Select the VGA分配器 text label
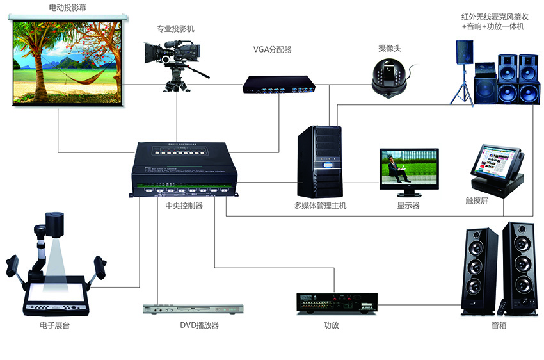[x=273, y=49]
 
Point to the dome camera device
[x=388, y=78]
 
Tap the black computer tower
[x=320, y=161]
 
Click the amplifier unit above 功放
[x=336, y=303]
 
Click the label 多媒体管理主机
[x=320, y=206]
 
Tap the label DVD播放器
[x=199, y=325]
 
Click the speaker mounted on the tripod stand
[x=463, y=51]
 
